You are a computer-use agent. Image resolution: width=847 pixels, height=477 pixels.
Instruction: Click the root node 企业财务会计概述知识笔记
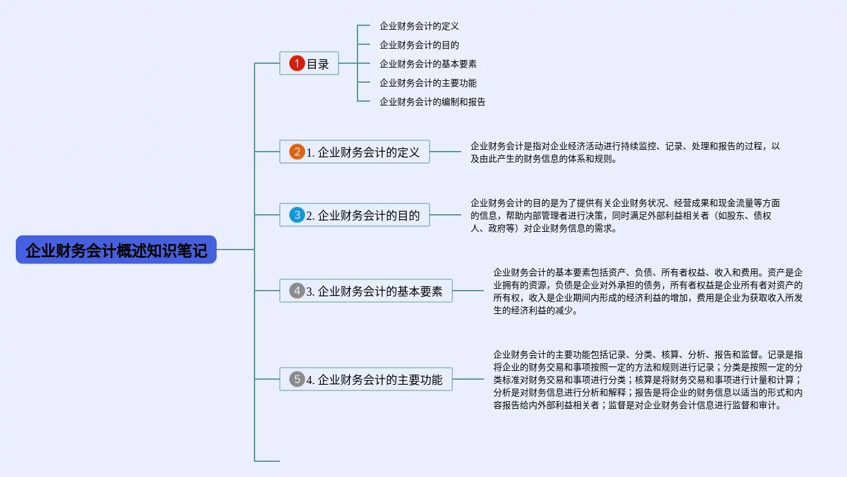pos(116,250)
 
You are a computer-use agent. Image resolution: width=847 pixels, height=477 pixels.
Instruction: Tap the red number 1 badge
pos(297,63)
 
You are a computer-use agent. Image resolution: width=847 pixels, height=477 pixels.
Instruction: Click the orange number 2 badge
pos(297,152)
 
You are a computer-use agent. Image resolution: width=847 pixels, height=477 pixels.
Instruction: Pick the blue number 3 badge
pos(297,215)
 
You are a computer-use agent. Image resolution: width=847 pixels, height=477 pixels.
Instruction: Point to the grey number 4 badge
pos(297,291)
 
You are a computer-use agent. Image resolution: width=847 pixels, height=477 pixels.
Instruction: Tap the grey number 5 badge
pos(297,379)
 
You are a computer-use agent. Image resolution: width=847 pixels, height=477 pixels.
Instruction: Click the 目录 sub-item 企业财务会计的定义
pos(419,27)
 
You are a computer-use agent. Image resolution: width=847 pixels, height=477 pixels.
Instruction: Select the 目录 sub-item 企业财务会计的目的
pos(419,45)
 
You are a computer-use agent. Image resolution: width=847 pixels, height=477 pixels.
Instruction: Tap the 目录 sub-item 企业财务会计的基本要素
pos(428,64)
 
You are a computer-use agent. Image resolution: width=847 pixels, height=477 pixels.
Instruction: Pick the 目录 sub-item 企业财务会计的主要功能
pos(428,83)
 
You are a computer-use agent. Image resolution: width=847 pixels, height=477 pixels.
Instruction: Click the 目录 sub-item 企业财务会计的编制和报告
pos(432,102)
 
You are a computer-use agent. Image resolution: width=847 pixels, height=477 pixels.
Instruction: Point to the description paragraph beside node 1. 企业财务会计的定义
pos(625,152)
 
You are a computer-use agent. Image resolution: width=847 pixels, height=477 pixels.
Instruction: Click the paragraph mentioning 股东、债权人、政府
pos(625,215)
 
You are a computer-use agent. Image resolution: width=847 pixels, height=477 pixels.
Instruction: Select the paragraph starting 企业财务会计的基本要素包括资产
pos(647,291)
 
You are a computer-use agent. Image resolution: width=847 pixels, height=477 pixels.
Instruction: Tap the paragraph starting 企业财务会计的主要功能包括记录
pos(647,380)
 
